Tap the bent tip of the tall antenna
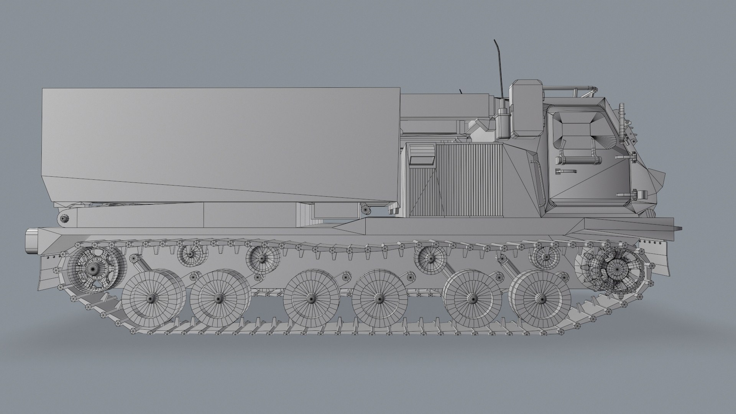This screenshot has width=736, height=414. [x=496, y=42]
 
